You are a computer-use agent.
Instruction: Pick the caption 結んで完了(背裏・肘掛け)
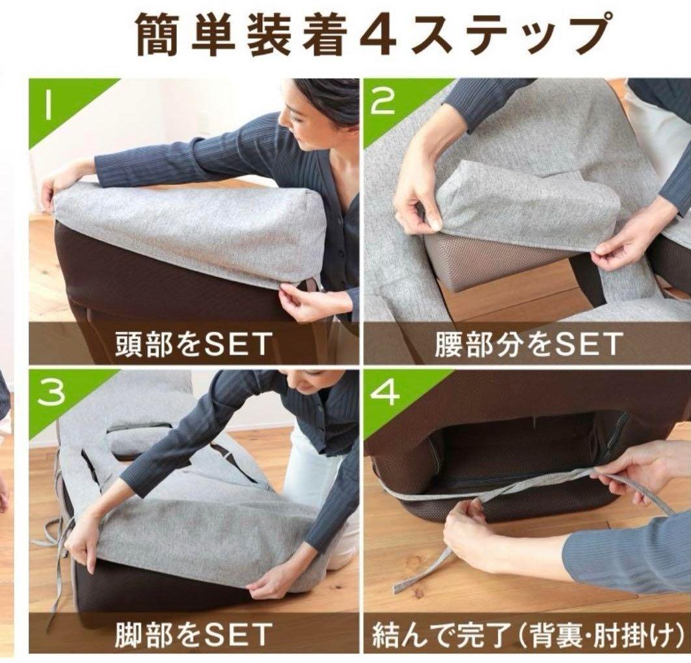pos(527,634)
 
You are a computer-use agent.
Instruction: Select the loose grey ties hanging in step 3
pos(55,547)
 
